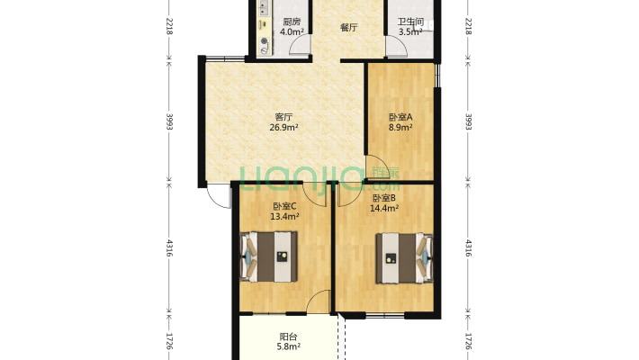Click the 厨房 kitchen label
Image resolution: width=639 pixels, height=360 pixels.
[292, 22]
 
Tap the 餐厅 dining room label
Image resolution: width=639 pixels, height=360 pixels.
[349, 28]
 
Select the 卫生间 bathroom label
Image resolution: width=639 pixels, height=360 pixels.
[410, 22]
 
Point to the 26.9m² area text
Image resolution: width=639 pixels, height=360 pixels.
[283, 127]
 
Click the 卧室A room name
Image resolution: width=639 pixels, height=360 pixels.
[400, 117]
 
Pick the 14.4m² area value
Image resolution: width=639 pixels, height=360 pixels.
[384, 208]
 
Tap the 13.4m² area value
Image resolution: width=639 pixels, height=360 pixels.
[285, 217]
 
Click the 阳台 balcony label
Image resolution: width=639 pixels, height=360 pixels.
[288, 337]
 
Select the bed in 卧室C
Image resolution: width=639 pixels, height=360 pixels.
[268, 256]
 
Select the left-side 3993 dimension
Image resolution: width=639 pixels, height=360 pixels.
[169, 121]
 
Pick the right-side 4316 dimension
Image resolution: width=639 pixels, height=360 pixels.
[468, 247]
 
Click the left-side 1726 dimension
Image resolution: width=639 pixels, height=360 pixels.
[169, 342]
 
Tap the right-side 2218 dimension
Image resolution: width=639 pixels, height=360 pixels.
[468, 26]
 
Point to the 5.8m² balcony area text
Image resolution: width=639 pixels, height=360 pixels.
[288, 346]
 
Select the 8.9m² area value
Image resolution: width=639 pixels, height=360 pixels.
[400, 127]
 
